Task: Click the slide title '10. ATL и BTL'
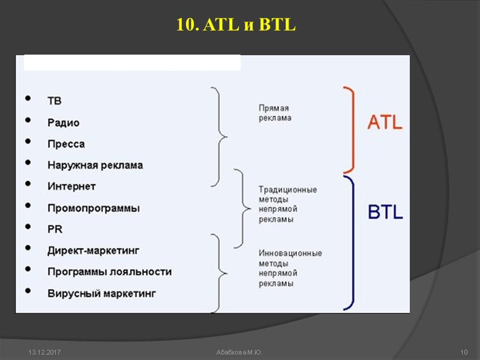click(237, 25)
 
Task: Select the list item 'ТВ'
click(55, 101)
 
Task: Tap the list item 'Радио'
click(64, 122)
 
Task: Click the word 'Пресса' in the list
click(66, 144)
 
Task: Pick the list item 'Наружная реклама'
click(95, 165)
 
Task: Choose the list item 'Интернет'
click(71, 187)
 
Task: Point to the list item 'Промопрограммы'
click(94, 208)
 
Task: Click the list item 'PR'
click(55, 229)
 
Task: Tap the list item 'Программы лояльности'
click(109, 272)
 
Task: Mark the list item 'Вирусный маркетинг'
click(101, 293)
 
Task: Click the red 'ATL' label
click(385, 123)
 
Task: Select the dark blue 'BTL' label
click(385, 212)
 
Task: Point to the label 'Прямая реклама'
click(275, 113)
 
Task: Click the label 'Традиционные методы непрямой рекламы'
click(287, 205)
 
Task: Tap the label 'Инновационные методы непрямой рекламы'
click(290, 268)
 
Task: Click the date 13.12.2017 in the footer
click(40, 351)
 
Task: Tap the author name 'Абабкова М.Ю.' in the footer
click(239, 351)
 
